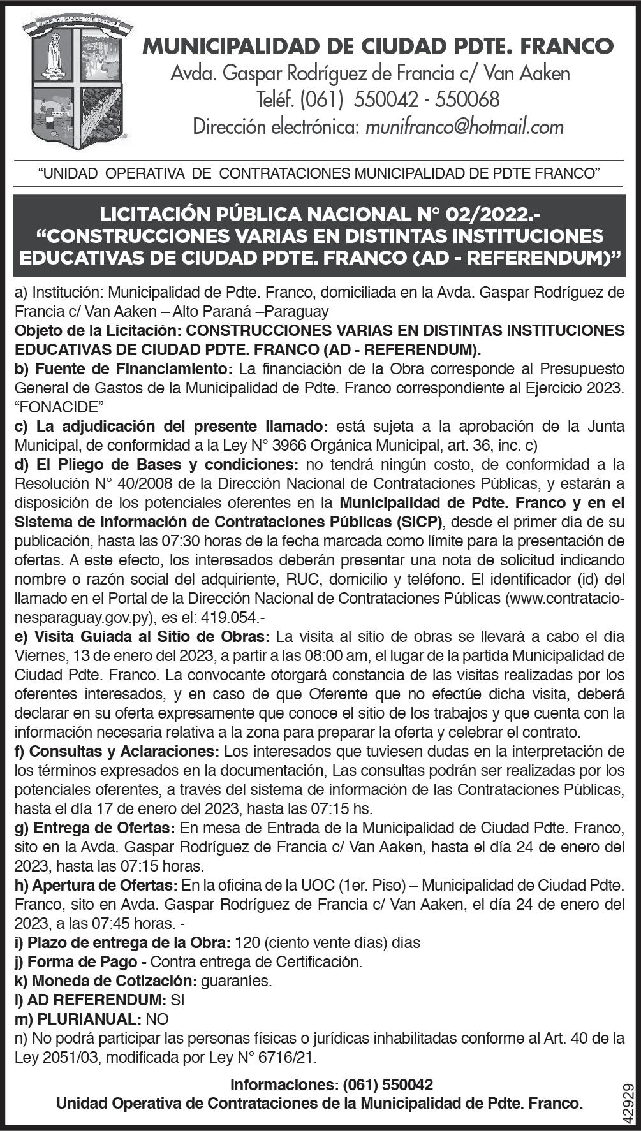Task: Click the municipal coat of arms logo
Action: [x=77, y=82]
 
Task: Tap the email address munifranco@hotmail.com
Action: [x=464, y=127]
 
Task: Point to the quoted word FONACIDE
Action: [x=60, y=407]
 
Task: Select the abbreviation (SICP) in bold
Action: [x=418, y=522]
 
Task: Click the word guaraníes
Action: [x=236, y=981]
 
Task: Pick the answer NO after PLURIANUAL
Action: [x=158, y=1019]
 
